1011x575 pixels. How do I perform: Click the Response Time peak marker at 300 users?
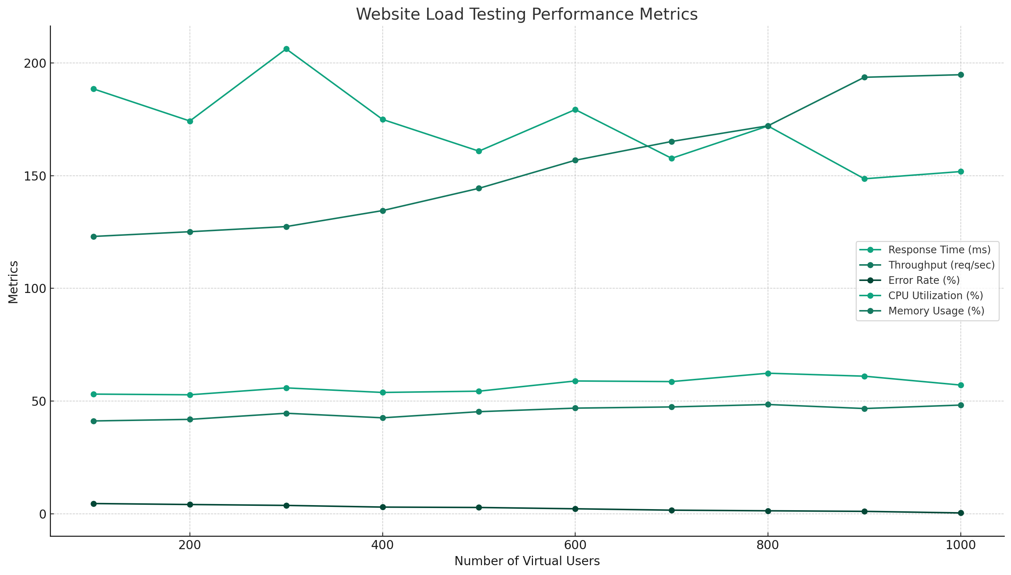coord(286,49)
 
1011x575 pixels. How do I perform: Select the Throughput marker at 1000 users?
coord(960,75)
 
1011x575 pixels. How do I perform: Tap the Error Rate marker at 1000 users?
coord(960,513)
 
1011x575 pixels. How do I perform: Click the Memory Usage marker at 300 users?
coord(286,413)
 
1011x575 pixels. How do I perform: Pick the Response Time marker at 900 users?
coord(864,178)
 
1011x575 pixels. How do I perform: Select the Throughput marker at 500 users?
coord(479,189)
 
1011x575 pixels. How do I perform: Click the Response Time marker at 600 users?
coord(575,110)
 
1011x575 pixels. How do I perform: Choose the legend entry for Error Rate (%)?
coord(923,280)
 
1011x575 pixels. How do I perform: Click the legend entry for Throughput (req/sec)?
coord(941,265)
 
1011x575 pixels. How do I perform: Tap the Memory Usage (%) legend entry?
coord(936,311)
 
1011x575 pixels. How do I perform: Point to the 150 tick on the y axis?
coord(35,176)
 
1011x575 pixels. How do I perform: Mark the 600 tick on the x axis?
coord(575,545)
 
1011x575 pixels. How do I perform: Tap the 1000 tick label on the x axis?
coord(960,545)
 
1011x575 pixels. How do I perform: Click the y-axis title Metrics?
coord(13,282)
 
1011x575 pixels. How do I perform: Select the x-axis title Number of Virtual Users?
coord(527,561)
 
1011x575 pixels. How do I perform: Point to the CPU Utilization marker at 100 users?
coord(93,394)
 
